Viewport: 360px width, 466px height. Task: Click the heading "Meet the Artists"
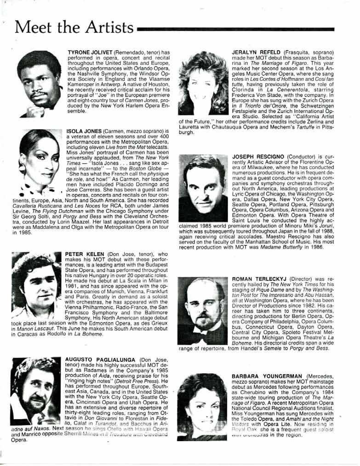tap(74, 28)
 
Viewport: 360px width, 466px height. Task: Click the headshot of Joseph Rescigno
tap(202, 188)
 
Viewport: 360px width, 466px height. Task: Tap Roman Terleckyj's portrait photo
tap(202, 311)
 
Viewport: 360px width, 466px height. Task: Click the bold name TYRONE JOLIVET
tap(90, 53)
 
